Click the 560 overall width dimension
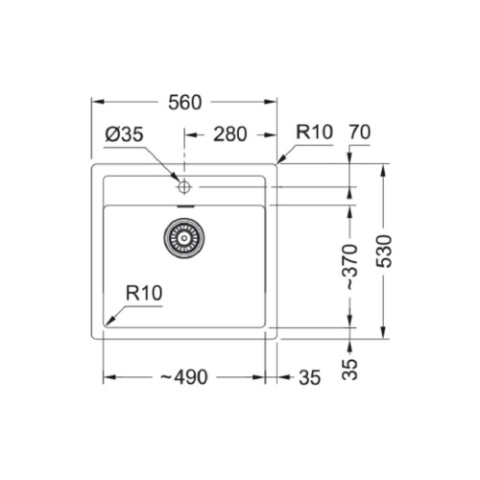tap(185, 103)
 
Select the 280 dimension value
tap(230, 134)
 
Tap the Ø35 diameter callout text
tap(124, 134)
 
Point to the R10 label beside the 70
tap(314, 132)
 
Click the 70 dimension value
tap(360, 132)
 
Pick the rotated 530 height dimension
tap(384, 252)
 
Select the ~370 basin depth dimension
tap(349, 267)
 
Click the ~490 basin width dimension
tap(184, 377)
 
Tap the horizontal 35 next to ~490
tap(309, 377)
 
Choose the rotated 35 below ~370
tap(349, 370)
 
